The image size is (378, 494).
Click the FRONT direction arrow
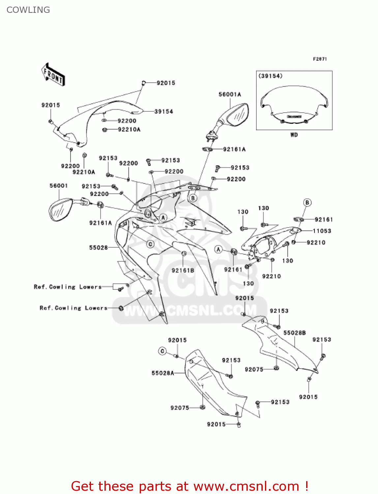[53, 74]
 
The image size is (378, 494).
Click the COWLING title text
[28, 10]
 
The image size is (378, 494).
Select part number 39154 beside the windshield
[163, 112]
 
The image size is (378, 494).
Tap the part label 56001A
[230, 95]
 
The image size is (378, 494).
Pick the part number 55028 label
[98, 248]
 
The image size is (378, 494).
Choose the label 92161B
[183, 271]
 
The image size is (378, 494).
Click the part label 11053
[322, 231]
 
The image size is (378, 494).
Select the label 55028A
[162, 373]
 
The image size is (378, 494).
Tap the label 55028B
[294, 333]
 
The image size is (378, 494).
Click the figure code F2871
[320, 59]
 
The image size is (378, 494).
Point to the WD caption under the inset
[294, 135]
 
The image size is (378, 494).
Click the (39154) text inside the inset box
[271, 76]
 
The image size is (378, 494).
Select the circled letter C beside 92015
[162, 351]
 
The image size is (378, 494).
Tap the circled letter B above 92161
[307, 203]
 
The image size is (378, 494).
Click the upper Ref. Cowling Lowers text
[68, 287]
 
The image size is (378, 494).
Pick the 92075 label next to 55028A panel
[180, 408]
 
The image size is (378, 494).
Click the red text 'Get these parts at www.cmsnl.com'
[189, 486]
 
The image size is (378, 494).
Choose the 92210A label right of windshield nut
[129, 129]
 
